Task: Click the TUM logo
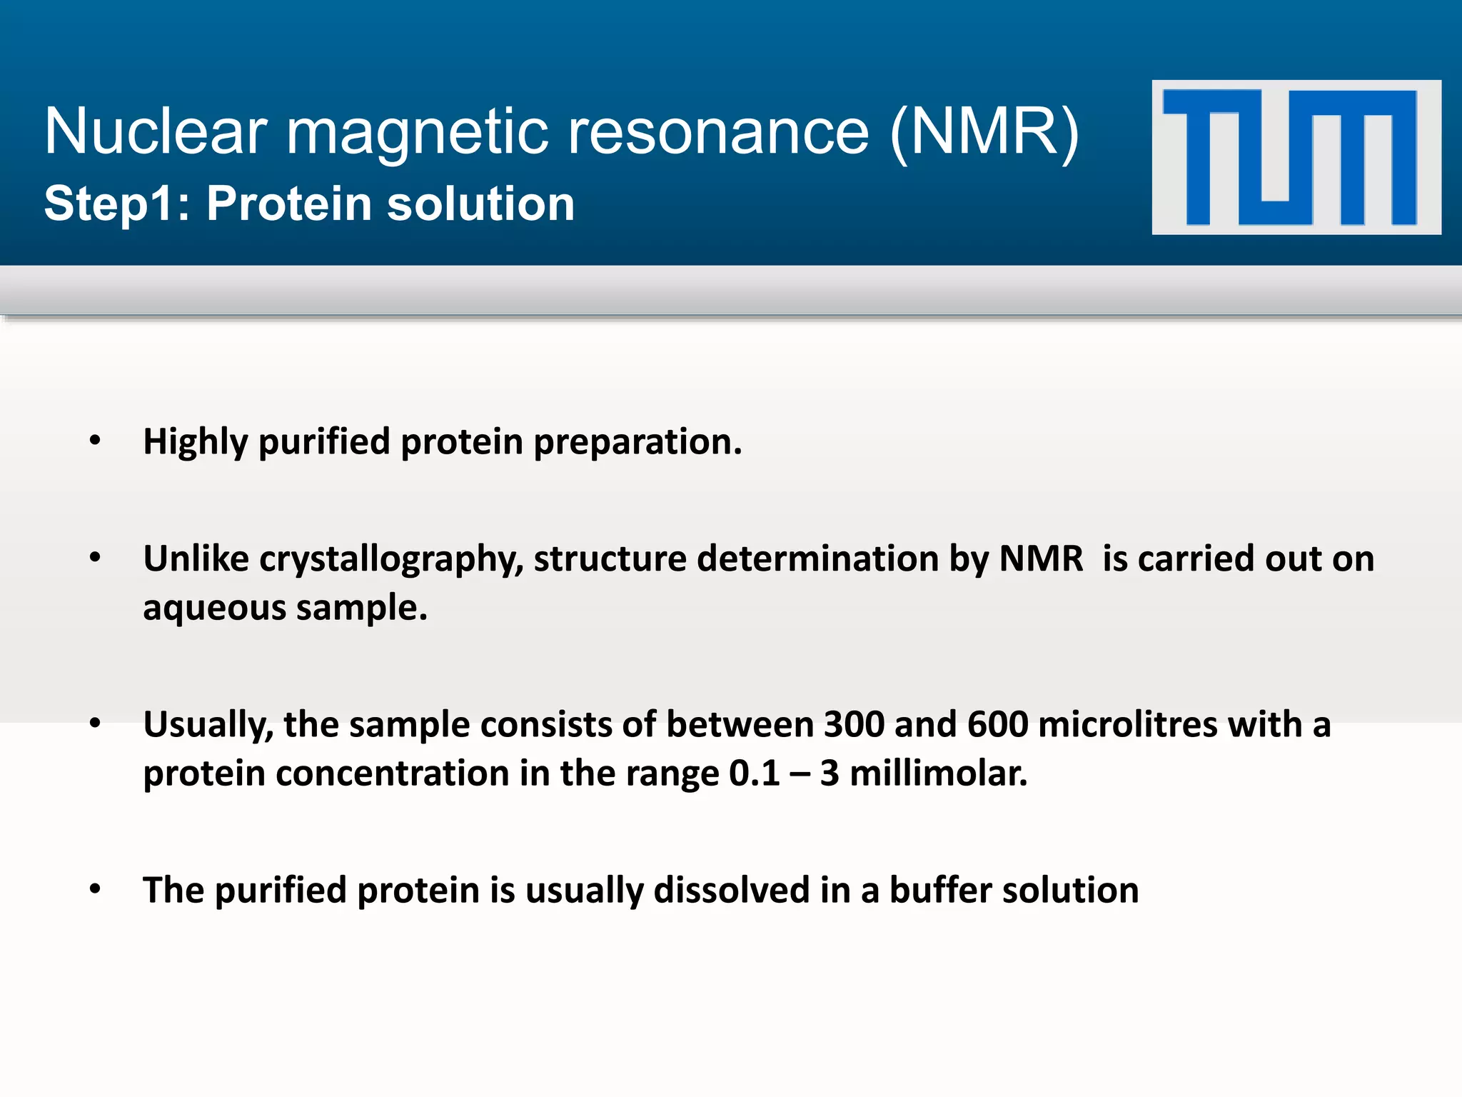(x=1296, y=157)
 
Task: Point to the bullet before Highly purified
(x=95, y=441)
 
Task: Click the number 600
(x=997, y=724)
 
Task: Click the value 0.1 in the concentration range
(x=754, y=773)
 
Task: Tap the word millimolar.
(x=939, y=773)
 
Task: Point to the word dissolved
(x=732, y=891)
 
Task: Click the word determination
(x=817, y=558)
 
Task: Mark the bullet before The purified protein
(x=95, y=889)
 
